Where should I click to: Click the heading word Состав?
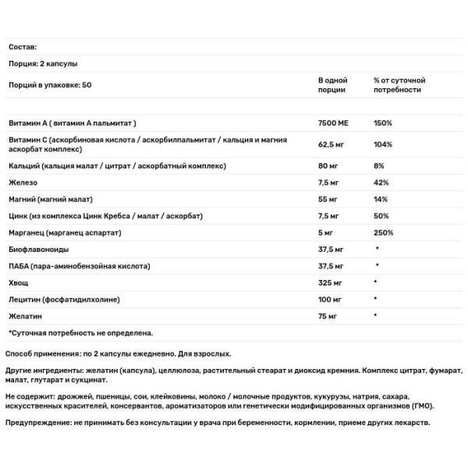click(x=23, y=48)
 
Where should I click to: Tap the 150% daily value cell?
click(x=383, y=123)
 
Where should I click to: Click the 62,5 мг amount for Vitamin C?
click(x=333, y=144)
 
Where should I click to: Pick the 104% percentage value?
click(x=383, y=144)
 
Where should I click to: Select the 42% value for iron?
click(x=381, y=183)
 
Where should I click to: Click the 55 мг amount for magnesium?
click(x=329, y=200)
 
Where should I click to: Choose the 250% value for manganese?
click(x=383, y=232)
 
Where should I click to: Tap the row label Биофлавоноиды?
click(x=38, y=250)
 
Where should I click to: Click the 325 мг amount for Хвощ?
click(x=331, y=282)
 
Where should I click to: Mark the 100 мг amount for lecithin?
click(x=331, y=299)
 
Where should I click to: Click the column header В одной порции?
click(x=334, y=86)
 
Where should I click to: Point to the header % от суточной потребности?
click(x=399, y=86)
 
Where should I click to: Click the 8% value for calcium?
click(x=378, y=166)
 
